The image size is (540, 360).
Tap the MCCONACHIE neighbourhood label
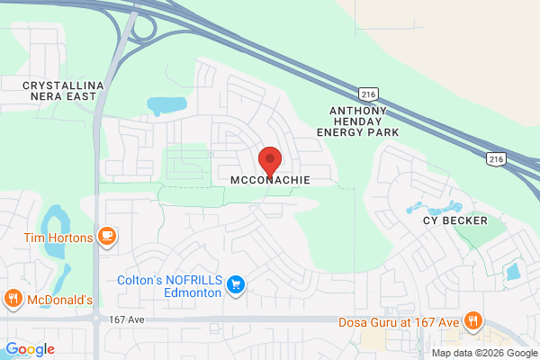[x=270, y=180]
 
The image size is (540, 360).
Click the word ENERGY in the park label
[x=341, y=131]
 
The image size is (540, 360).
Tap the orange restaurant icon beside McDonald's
[x=13, y=299]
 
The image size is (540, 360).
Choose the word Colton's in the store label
[x=140, y=280]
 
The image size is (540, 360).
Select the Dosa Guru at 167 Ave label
[x=399, y=322]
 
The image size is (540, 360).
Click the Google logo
[x=30, y=349]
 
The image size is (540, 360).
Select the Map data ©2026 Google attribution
[x=484, y=351]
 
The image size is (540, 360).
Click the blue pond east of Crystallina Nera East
[x=164, y=105]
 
